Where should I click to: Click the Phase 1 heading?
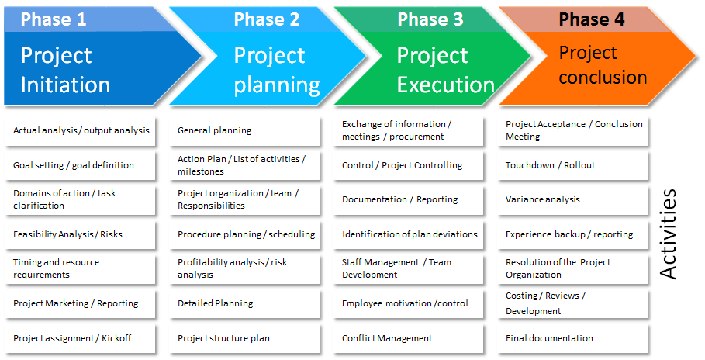tap(53, 19)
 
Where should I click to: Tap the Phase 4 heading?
tap(591, 19)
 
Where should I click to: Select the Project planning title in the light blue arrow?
tap(277, 70)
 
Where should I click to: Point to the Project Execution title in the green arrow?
tap(446, 70)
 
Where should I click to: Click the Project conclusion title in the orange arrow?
tap(603, 65)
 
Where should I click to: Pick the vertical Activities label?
tap(668, 234)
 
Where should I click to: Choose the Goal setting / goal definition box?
tap(81, 165)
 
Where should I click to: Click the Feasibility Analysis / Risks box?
tap(81, 234)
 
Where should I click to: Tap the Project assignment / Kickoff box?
tap(81, 338)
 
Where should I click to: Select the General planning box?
tap(244, 131)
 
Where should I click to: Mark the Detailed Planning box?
tap(244, 304)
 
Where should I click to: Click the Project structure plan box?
tap(244, 338)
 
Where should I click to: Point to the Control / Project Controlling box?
tap(409, 165)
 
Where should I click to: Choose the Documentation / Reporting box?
tap(409, 200)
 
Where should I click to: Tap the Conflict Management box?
tap(409, 338)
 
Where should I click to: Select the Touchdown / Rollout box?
tap(573, 165)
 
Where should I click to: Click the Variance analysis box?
tap(573, 200)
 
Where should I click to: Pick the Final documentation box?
tap(573, 338)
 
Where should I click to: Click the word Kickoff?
tap(116, 338)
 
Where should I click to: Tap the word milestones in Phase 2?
tap(201, 171)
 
